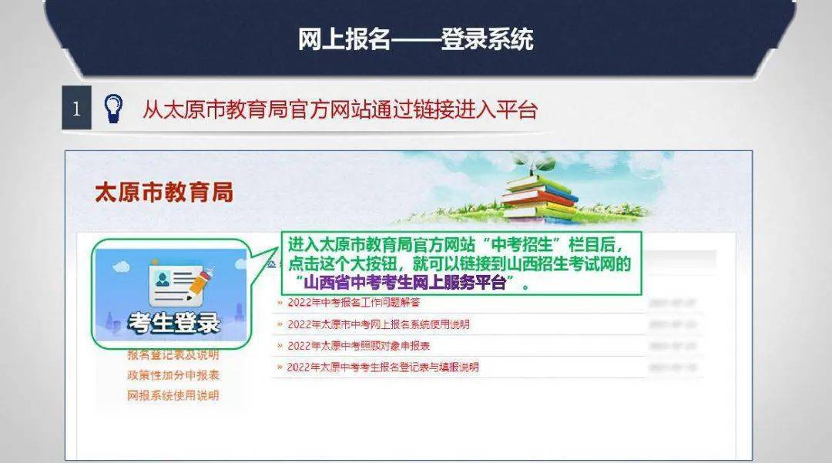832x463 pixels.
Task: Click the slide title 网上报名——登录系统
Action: click(415, 39)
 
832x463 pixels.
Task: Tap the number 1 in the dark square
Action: click(75, 109)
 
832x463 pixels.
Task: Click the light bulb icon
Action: click(114, 109)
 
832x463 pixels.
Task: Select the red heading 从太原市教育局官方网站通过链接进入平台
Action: click(339, 109)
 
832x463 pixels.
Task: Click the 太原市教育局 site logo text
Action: click(163, 193)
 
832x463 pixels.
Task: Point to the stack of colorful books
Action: click(539, 193)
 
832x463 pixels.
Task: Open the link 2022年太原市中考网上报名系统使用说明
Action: click(378, 324)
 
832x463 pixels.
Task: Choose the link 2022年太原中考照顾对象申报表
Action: click(358, 346)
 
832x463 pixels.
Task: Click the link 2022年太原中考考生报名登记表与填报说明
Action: click(383, 367)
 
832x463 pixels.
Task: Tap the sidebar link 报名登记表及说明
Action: click(173, 355)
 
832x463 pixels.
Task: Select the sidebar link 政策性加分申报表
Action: click(173, 375)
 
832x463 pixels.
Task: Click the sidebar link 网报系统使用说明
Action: click(173, 395)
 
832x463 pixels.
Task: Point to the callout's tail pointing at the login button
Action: click(267, 254)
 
